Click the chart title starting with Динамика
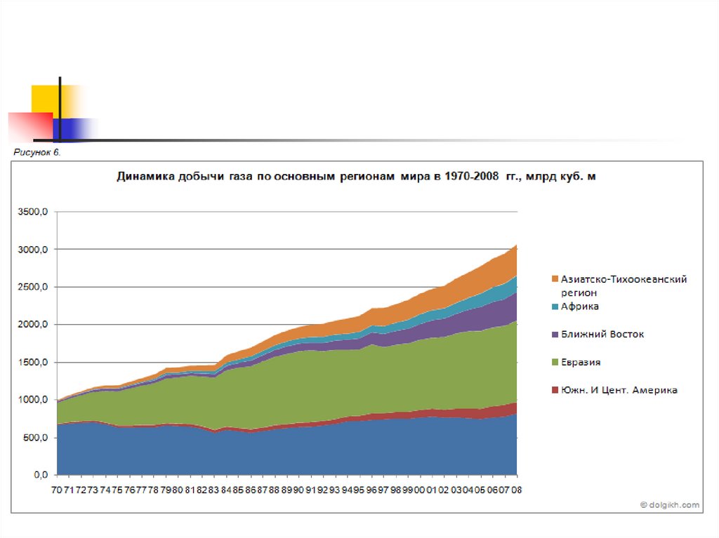click(x=356, y=177)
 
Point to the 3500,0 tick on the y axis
click(x=32, y=212)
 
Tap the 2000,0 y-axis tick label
click(x=32, y=325)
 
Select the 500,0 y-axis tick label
click(x=35, y=438)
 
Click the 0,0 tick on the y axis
click(x=41, y=476)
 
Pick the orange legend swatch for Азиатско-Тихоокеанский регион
click(x=555, y=279)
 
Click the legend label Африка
click(x=579, y=307)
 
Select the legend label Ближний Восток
click(x=602, y=335)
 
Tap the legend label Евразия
click(x=581, y=363)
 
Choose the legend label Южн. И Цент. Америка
click(x=619, y=390)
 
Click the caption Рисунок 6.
click(x=37, y=152)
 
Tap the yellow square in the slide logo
click(x=44, y=99)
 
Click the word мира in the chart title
click(x=414, y=177)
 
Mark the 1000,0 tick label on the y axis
click(x=32, y=400)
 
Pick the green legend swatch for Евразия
click(x=555, y=363)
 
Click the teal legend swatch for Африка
click(x=555, y=307)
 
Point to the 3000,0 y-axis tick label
click(x=32, y=250)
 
